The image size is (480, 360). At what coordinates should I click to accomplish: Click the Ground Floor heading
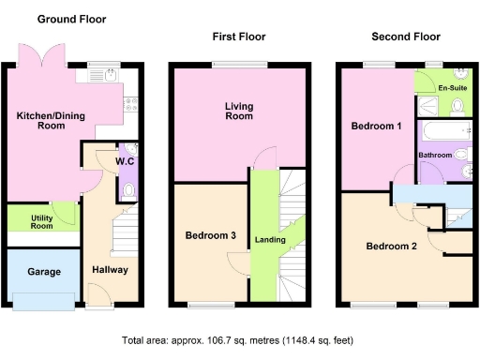tap(71, 19)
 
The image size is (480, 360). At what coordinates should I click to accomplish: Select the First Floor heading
tap(238, 37)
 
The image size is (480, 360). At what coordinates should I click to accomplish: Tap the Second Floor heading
tap(406, 37)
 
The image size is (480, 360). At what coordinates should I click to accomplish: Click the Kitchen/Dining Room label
tap(47, 121)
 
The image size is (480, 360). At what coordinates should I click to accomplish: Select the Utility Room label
tap(41, 222)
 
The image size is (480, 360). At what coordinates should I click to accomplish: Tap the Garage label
tap(43, 272)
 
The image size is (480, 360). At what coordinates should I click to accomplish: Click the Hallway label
tap(110, 270)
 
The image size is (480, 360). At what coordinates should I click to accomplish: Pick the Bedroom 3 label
tap(210, 235)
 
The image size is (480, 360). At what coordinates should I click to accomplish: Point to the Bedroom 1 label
tap(376, 126)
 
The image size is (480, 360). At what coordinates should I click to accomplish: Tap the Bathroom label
tap(434, 155)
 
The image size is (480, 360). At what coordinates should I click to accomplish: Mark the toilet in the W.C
tap(129, 191)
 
